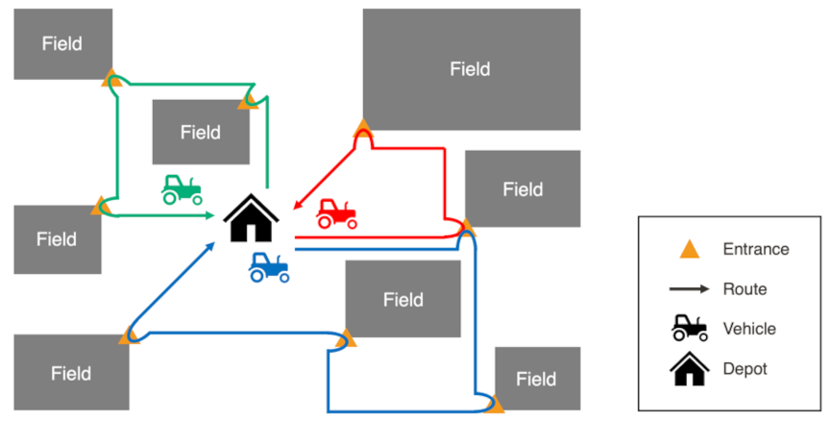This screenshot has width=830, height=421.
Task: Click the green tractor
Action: (x=182, y=189)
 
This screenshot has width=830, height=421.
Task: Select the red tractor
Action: (x=337, y=213)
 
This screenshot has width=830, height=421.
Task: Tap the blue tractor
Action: (x=269, y=267)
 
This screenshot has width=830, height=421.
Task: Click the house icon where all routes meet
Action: (x=251, y=219)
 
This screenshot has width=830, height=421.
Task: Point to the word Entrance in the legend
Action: (x=756, y=249)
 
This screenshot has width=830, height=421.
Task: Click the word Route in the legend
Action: (x=745, y=288)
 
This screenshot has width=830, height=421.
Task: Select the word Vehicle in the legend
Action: (x=749, y=329)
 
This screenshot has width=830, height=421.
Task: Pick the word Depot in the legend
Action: (x=745, y=368)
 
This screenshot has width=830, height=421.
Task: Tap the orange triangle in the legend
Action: (x=689, y=249)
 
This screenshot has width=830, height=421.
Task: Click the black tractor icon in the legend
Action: (x=689, y=329)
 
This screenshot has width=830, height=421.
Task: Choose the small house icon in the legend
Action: (x=689, y=368)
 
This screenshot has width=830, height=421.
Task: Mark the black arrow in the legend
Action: (x=689, y=288)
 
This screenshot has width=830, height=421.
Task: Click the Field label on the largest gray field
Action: (x=471, y=69)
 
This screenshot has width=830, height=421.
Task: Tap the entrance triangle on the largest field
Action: (x=362, y=127)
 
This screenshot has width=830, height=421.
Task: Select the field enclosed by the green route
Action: (x=201, y=133)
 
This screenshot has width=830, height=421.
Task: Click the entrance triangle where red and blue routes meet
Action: (x=466, y=228)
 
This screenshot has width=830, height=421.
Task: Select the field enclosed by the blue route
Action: (x=403, y=299)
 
